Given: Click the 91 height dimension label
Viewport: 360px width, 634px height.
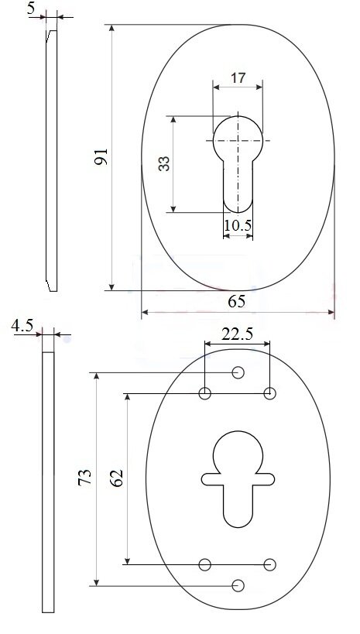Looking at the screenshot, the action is (101, 156).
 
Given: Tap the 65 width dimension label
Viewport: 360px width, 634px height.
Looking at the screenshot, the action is (237, 301).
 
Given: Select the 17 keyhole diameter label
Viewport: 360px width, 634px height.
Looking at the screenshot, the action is (238, 77).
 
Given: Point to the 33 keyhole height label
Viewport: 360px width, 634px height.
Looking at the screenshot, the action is (164, 164).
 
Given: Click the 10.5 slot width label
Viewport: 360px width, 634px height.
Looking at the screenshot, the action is (238, 225).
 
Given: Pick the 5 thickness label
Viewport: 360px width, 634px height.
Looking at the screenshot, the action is (31, 9).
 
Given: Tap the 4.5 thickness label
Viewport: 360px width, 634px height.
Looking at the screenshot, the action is (22, 325).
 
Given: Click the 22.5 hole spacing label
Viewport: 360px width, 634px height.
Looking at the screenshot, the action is (238, 334).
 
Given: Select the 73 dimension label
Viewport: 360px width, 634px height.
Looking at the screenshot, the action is (85, 478).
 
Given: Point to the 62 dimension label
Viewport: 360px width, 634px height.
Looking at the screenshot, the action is (116, 478).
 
